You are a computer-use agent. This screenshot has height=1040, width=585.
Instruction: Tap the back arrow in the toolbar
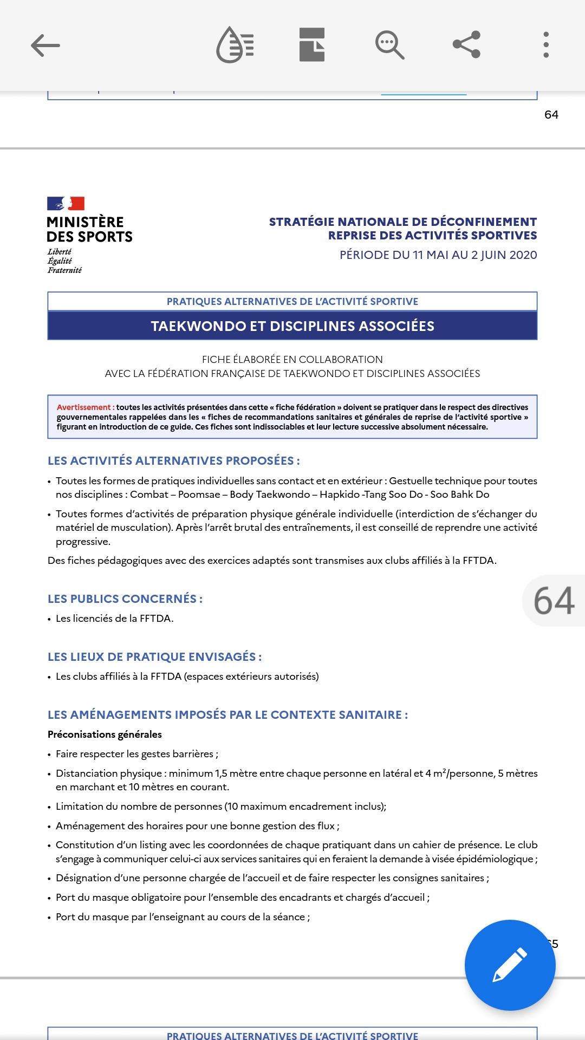pyautogui.click(x=45, y=45)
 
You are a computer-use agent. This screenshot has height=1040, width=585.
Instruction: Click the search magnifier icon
pyautogui.click(x=389, y=45)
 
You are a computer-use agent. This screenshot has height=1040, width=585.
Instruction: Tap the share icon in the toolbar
pyautogui.click(x=466, y=44)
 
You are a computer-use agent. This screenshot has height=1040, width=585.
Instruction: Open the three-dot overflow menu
pyautogui.click(x=546, y=44)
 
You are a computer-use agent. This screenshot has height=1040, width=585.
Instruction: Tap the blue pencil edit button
pyautogui.click(x=510, y=965)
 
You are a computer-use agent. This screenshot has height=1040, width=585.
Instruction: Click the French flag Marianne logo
pyautogui.click(x=66, y=204)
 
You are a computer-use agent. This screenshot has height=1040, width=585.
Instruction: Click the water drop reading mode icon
pyautogui.click(x=235, y=45)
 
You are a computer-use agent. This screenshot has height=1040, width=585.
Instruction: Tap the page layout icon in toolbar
pyautogui.click(x=312, y=44)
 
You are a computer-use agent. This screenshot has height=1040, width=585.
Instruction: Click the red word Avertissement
pyautogui.click(x=83, y=407)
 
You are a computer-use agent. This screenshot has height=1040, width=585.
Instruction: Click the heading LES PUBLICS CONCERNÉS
pyautogui.click(x=125, y=599)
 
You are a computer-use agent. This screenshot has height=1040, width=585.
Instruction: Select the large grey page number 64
pyautogui.click(x=554, y=601)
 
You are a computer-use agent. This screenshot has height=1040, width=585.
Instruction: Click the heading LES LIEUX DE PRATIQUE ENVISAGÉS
pyautogui.click(x=154, y=656)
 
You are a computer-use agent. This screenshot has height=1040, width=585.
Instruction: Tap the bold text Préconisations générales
pyautogui.click(x=105, y=734)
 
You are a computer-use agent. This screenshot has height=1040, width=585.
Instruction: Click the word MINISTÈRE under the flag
pyautogui.click(x=85, y=222)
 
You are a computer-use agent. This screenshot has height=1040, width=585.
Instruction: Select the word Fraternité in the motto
pyautogui.click(x=64, y=270)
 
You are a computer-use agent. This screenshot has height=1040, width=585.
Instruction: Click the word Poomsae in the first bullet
pyautogui.click(x=199, y=495)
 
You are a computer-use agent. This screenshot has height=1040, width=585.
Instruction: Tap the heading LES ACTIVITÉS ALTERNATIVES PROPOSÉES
pyautogui.click(x=173, y=460)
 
